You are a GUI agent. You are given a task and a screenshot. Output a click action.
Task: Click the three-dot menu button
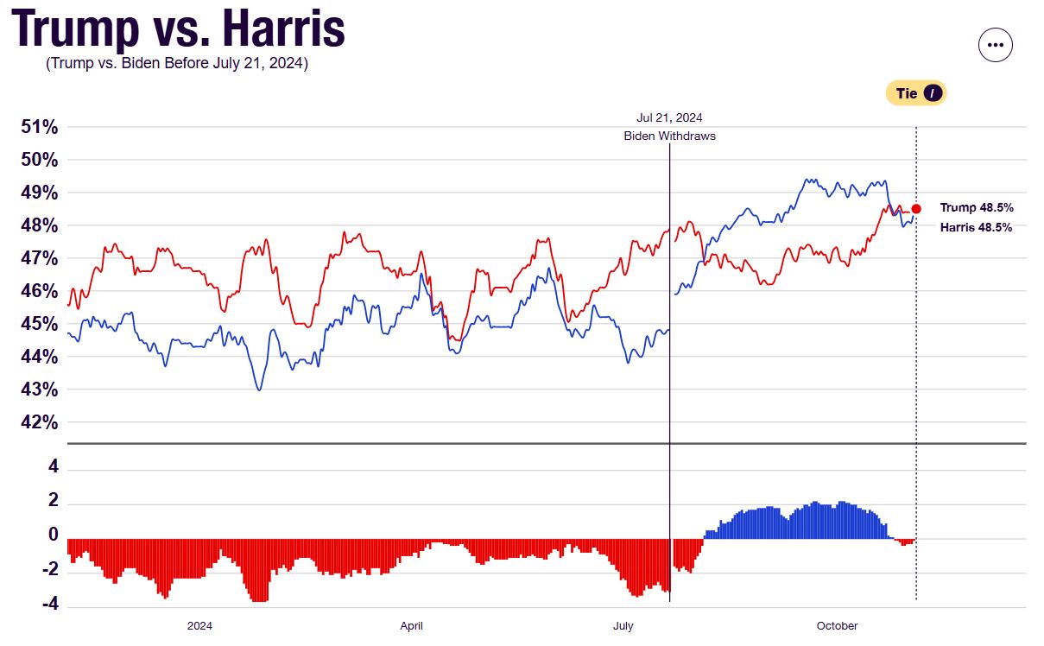(x=995, y=45)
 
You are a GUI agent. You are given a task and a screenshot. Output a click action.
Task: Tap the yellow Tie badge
(x=916, y=93)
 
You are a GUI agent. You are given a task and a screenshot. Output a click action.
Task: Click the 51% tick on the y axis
(x=40, y=128)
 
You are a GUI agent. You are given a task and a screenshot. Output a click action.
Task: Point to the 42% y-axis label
(x=40, y=423)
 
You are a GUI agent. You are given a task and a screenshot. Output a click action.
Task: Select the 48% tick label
(x=40, y=226)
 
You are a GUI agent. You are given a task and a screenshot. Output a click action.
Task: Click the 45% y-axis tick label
(x=40, y=325)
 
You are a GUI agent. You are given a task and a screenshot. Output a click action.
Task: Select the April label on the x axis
(x=411, y=626)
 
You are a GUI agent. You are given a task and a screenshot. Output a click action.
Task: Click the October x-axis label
(x=837, y=626)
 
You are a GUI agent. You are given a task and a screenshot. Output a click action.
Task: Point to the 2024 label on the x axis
(x=199, y=626)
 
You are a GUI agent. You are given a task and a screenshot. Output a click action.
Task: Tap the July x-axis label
(x=623, y=626)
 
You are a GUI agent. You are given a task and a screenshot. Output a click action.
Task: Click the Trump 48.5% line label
(x=977, y=208)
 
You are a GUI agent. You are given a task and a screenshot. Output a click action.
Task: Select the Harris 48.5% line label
(x=977, y=228)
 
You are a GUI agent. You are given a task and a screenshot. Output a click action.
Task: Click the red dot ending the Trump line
(x=916, y=208)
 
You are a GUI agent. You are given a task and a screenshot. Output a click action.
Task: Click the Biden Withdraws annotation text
(x=669, y=136)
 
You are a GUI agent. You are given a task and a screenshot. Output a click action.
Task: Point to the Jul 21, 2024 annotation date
(x=669, y=118)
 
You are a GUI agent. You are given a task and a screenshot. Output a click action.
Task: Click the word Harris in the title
(x=283, y=29)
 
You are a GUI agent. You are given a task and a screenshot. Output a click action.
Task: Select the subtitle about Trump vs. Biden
(x=177, y=64)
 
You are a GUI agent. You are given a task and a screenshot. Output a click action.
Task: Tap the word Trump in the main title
(x=75, y=29)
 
